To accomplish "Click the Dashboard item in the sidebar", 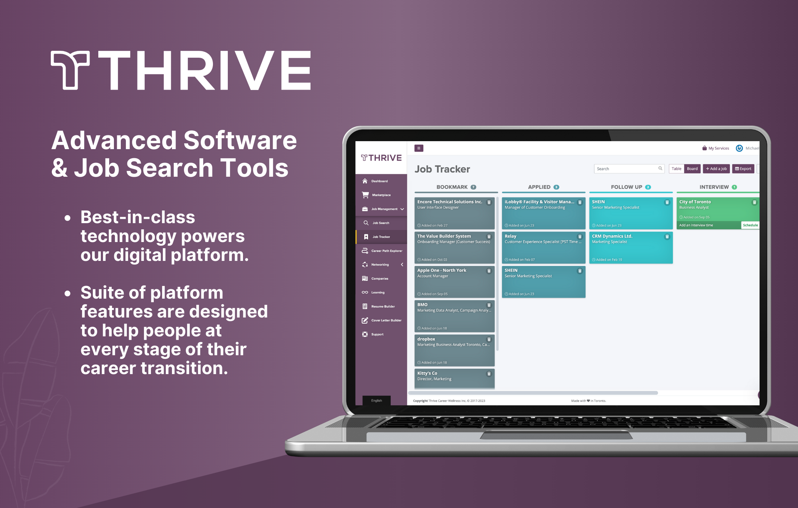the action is click(x=379, y=181).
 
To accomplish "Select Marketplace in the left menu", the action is click(x=381, y=195).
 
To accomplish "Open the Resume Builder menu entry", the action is click(x=383, y=306).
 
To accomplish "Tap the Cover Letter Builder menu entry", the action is click(x=386, y=320).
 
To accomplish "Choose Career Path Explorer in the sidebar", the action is click(x=387, y=251).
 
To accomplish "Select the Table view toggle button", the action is click(x=676, y=169).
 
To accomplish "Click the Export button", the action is click(x=743, y=169).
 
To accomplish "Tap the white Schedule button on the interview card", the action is click(x=750, y=225).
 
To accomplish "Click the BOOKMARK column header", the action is click(x=452, y=187).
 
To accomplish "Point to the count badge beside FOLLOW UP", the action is click(x=648, y=187).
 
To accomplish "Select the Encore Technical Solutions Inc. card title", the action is click(x=450, y=202).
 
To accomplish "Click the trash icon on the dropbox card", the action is click(x=489, y=339).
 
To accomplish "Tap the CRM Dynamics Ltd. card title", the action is click(x=612, y=236).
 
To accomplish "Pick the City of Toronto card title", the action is click(x=695, y=202).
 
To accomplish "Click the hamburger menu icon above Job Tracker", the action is click(x=419, y=148).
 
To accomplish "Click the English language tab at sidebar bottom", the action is click(x=377, y=400).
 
